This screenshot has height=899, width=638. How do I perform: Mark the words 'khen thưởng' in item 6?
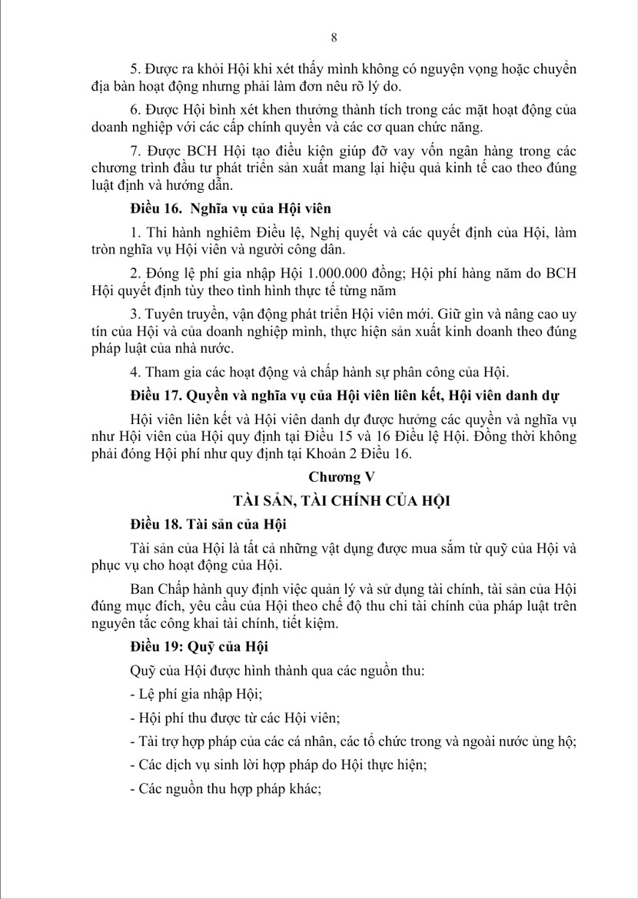point(272,105)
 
